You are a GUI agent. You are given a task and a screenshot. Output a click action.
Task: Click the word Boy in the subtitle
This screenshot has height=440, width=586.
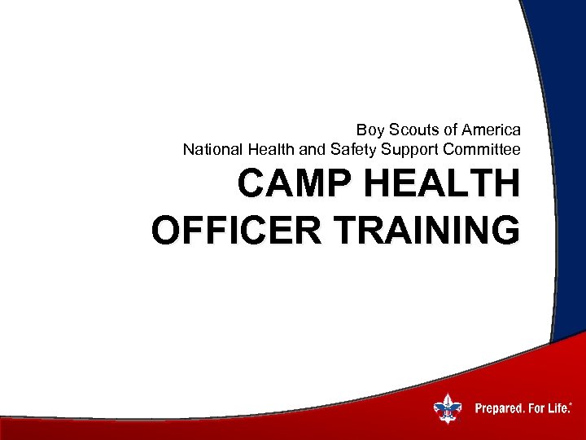point(369,130)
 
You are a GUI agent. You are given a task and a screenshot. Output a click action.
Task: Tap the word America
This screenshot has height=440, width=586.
point(491,130)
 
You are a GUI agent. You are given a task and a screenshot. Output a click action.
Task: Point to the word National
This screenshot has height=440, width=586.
point(211,149)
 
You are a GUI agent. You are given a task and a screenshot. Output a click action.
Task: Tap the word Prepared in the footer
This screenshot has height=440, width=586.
point(498,407)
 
